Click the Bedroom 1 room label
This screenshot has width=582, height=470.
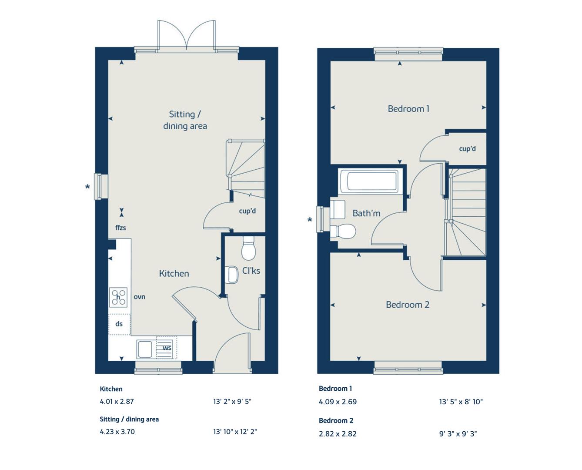408,109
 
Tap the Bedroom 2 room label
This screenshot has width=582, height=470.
407,305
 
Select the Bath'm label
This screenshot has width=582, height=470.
366,213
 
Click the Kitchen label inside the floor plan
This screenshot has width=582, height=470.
174,273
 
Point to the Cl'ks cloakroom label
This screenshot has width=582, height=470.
251,271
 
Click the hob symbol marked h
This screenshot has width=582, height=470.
118,297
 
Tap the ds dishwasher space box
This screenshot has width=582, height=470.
119,324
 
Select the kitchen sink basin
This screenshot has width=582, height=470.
144,349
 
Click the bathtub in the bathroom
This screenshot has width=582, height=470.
368,181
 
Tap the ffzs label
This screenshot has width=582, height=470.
120,228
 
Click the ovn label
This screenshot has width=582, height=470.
139,297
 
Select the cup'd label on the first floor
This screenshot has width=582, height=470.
467,149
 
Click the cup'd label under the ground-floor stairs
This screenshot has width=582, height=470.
247,211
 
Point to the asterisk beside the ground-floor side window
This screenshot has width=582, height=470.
87,188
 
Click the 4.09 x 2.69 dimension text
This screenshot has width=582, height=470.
338,402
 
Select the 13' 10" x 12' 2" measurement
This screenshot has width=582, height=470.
235,432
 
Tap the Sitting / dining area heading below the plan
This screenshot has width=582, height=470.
129,419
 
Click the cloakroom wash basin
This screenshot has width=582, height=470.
233,274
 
